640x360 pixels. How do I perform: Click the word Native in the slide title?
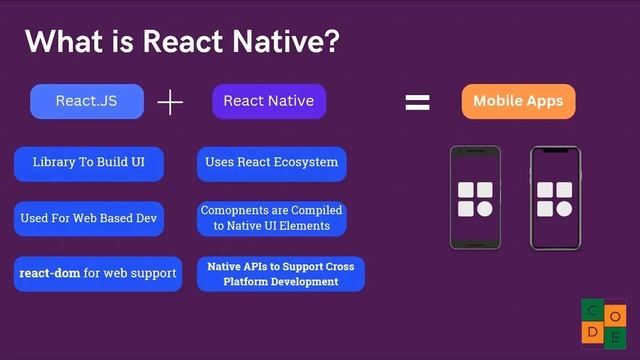tap(283, 42)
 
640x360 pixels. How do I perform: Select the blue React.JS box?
tap(87, 101)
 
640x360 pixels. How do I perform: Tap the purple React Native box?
tap(269, 101)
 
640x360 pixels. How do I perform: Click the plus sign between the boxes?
tap(171, 102)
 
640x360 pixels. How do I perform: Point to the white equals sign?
tap(417, 102)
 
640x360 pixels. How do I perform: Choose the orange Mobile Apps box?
tap(518, 101)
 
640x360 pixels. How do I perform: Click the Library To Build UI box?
tap(88, 162)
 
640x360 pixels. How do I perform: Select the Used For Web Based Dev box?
tap(88, 218)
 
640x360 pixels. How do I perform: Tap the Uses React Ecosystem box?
tap(271, 162)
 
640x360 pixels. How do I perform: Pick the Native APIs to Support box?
tap(280, 274)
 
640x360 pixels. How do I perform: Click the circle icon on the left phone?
tap(484, 209)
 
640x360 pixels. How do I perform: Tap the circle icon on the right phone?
tap(564, 209)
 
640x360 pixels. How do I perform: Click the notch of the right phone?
tap(555, 151)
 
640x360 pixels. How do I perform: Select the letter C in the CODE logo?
tap(593, 310)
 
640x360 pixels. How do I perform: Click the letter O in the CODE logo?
tap(616, 310)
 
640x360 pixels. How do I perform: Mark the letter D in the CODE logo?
tap(593, 332)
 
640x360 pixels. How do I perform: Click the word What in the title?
tap(61, 42)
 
